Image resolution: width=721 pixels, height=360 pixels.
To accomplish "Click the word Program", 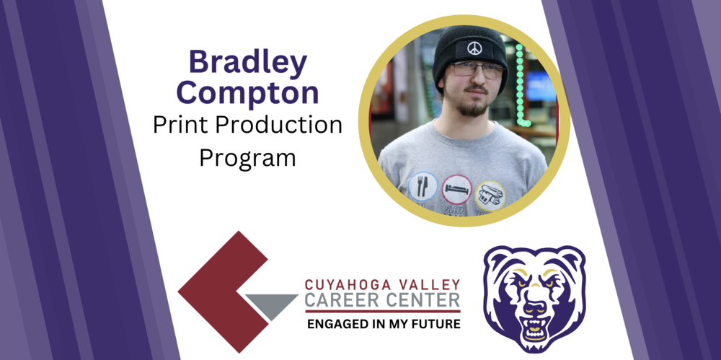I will tap(247, 157).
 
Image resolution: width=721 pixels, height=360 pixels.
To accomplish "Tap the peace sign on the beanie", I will tap(474, 48).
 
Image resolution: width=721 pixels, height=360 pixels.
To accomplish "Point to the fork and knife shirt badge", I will tap(423, 186).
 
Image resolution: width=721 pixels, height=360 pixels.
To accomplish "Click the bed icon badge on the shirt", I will tap(456, 189).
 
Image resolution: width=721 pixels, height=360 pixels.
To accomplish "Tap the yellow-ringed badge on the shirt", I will tap(490, 195).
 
